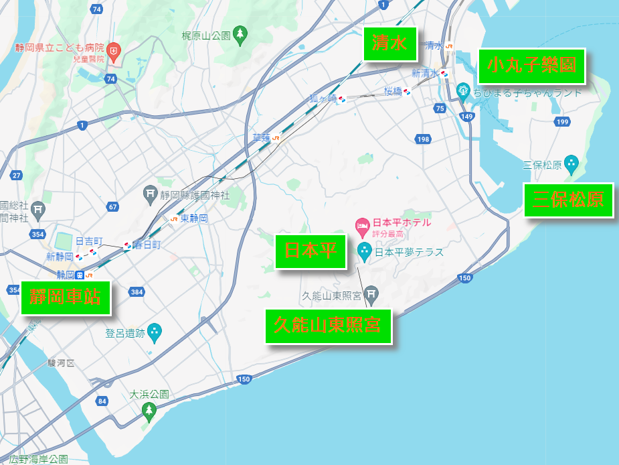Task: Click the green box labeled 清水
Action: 389,44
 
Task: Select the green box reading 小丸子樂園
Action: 532,66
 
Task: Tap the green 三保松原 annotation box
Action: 568,200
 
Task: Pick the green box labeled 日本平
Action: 311,251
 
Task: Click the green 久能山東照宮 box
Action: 328,326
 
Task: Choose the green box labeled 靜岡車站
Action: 65,297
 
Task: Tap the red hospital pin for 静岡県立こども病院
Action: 114,51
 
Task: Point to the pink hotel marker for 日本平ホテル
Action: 363,225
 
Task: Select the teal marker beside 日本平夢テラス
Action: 365,251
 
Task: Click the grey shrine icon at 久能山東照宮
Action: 371,293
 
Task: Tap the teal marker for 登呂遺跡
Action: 155,331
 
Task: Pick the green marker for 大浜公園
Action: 149,410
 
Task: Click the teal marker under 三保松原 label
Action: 571,163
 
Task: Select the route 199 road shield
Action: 562,121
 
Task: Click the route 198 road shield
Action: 422,139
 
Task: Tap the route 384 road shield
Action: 137,291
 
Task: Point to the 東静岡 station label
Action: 194,218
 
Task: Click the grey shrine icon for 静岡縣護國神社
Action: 151,195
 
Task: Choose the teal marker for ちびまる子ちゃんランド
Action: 463,90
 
